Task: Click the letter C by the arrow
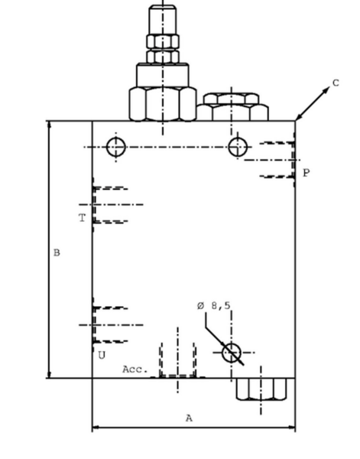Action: (x=336, y=83)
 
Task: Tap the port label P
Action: (x=306, y=173)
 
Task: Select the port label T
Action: (x=83, y=218)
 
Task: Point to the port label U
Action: (x=102, y=356)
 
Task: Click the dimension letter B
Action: (x=57, y=252)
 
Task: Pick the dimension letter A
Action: (x=190, y=418)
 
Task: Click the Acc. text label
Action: (x=135, y=369)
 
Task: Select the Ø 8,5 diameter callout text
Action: (x=214, y=306)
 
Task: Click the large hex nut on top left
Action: (x=163, y=104)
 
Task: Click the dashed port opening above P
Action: (x=277, y=160)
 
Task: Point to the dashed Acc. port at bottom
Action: (x=178, y=360)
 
